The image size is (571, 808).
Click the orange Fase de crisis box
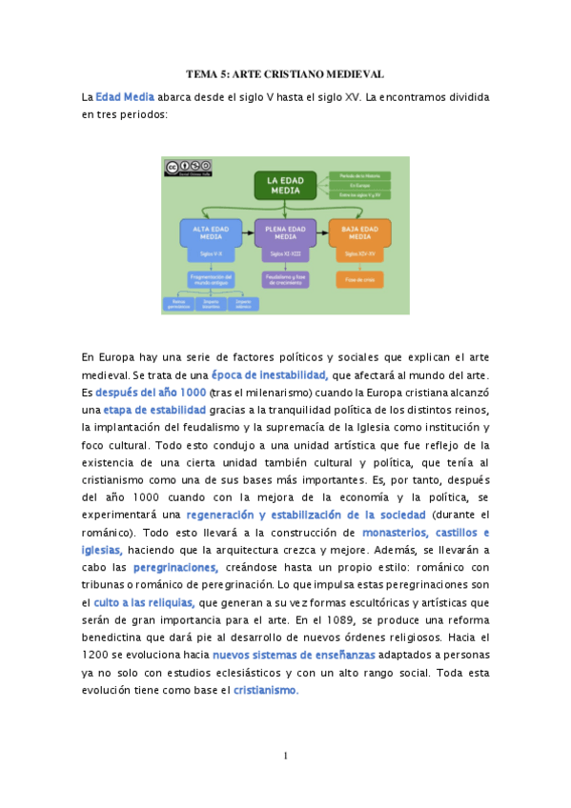pyautogui.click(x=358, y=279)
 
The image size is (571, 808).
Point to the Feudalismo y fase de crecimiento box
pyautogui.click(x=285, y=279)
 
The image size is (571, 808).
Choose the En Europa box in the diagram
pyautogui.click(x=359, y=185)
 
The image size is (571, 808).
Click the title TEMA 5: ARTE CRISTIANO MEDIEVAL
pyautogui.click(x=285, y=73)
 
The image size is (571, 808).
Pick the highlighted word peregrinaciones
pyautogui.click(x=176, y=568)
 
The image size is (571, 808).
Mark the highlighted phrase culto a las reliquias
pyautogui.click(x=144, y=602)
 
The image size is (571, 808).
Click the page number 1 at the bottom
pyautogui.click(x=285, y=757)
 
